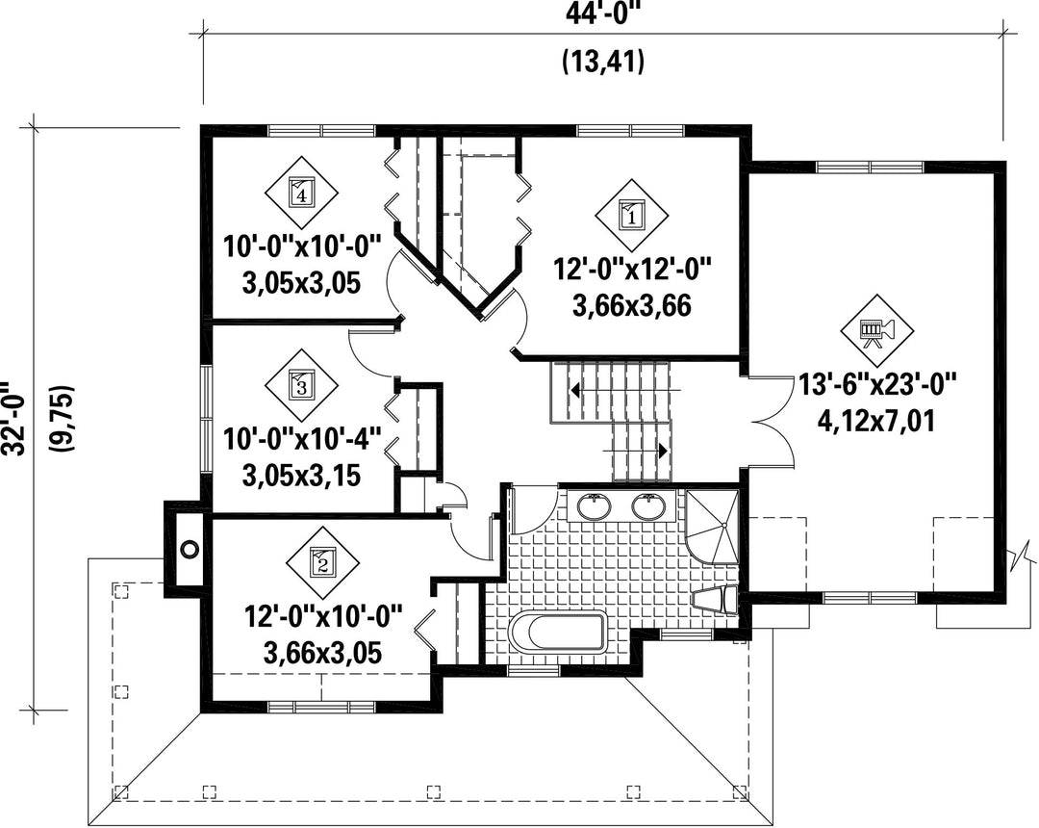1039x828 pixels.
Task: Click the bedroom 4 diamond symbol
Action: click(x=301, y=194)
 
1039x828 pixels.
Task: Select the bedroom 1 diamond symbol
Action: click(x=631, y=216)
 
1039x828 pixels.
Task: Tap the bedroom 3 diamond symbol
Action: click(x=301, y=385)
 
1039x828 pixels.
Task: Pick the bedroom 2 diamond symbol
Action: click(x=322, y=563)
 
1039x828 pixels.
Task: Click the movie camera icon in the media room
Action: click(x=876, y=330)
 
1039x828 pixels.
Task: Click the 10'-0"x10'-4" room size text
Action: click(x=301, y=440)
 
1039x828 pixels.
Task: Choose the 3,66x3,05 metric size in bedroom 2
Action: click(x=322, y=654)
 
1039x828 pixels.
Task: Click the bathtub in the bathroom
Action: click(x=558, y=632)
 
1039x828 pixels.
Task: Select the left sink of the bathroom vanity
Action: click(x=594, y=506)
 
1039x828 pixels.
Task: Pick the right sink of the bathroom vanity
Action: click(x=648, y=506)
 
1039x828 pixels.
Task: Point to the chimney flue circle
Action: click(x=190, y=549)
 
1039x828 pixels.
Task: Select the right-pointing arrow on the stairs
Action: click(x=635, y=451)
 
